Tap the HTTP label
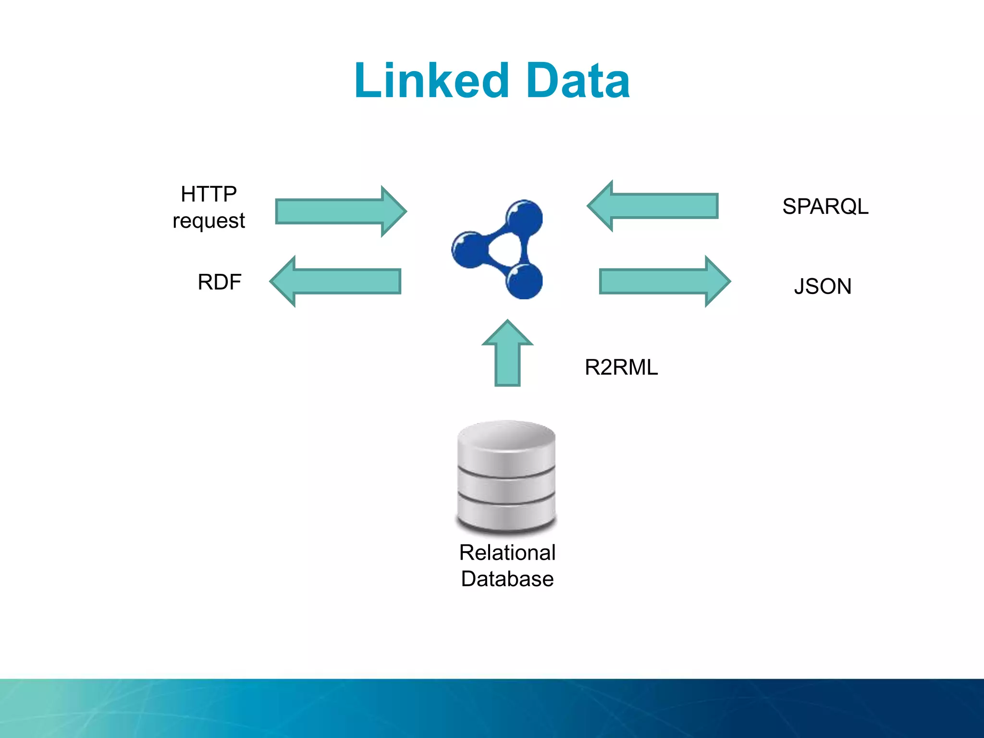(x=209, y=194)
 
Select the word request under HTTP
(x=209, y=221)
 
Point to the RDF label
(x=219, y=282)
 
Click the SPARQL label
(x=825, y=207)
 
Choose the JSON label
(x=822, y=286)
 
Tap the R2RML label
(x=621, y=368)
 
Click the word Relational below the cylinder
(x=507, y=553)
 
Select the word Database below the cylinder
(x=507, y=579)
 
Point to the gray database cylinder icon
(x=506, y=480)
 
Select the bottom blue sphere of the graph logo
(x=524, y=282)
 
